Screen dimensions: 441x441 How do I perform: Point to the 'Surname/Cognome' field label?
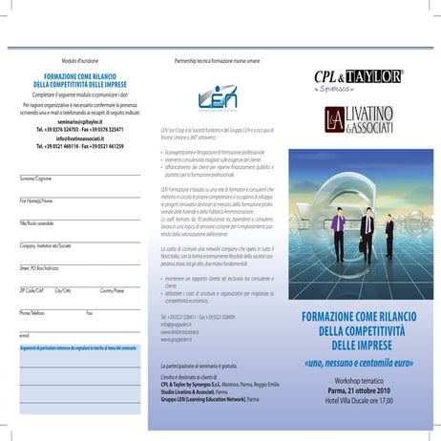pos(36,178)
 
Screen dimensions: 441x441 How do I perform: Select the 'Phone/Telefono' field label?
pos(32,311)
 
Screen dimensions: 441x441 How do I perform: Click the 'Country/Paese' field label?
pos(112,288)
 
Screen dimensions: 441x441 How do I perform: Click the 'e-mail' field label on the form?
pos(25,335)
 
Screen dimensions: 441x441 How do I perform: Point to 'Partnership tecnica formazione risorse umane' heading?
pos(217,60)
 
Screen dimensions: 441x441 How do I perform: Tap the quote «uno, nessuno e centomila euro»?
pos(358,364)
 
